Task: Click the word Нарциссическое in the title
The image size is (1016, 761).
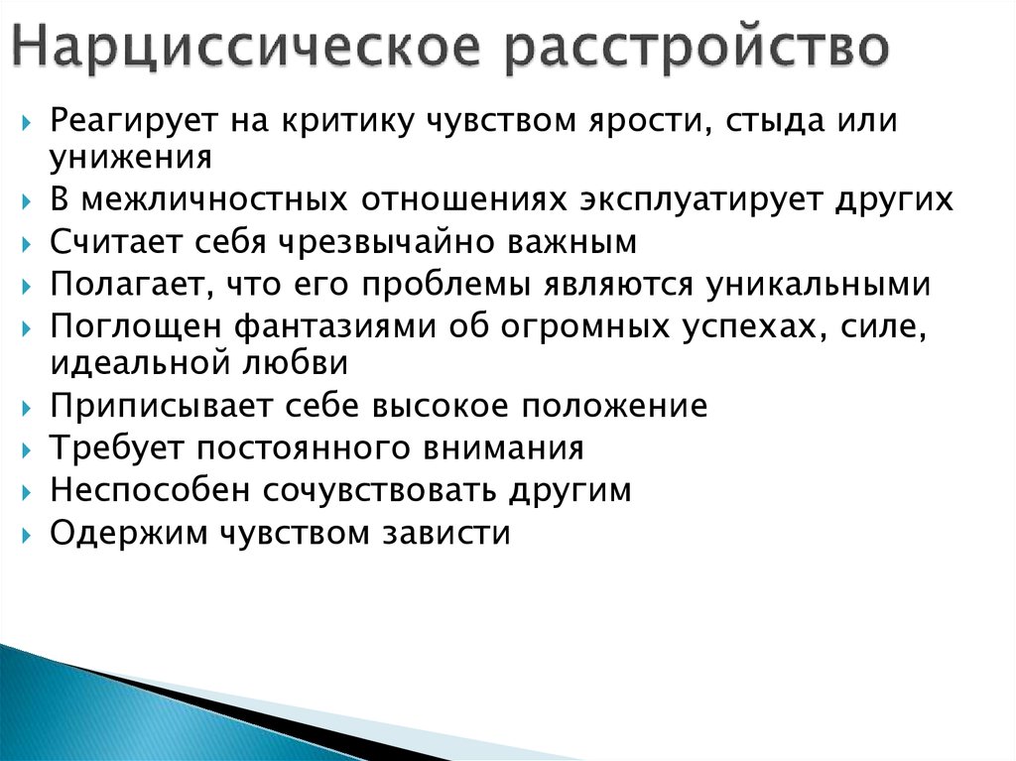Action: (246, 46)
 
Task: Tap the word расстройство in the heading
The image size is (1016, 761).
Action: (697, 48)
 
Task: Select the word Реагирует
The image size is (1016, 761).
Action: (133, 122)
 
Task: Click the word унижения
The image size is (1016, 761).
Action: (130, 158)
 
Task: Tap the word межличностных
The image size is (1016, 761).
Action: (214, 199)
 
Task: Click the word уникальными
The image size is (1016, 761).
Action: (819, 285)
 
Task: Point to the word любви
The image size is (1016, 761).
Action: (295, 362)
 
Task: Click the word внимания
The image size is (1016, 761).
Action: (503, 448)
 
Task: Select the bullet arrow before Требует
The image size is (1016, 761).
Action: (26, 450)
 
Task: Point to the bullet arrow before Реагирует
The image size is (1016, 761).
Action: (26, 123)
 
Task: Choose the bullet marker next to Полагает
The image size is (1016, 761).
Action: (26, 287)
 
